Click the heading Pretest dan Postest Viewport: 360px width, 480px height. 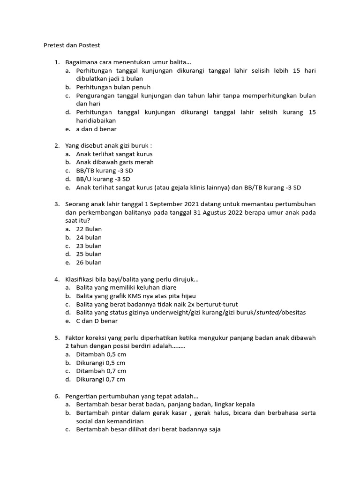tap(72, 45)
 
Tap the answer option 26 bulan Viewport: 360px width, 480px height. tap(89, 262)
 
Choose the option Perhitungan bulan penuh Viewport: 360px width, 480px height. tap(113, 87)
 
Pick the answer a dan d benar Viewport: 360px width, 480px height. tap(97, 129)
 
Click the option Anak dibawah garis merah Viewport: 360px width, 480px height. tap(115, 162)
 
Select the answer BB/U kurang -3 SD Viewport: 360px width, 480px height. tap(103, 179)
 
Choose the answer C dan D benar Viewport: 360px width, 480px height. tap(97, 321)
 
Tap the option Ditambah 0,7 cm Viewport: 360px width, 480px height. tap(101, 371)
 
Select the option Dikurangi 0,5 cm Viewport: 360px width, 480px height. tap(101, 363)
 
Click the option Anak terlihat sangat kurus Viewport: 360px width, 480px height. tap(114, 154)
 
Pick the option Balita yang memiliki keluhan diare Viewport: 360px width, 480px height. tap(127, 287)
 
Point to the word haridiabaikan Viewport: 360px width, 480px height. tap(96, 120)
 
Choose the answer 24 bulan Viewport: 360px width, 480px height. tap(89, 238)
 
